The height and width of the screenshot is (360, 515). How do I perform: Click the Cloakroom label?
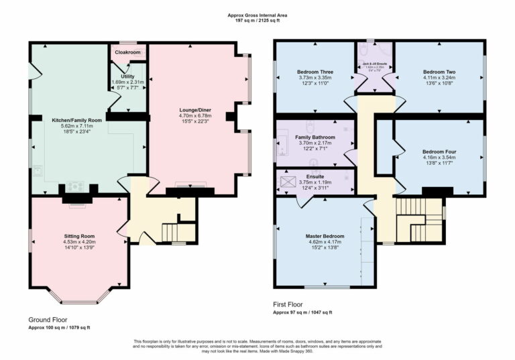(127, 52)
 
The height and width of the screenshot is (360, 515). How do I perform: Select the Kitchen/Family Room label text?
(77, 120)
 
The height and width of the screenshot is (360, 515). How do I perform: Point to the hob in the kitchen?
(74, 187)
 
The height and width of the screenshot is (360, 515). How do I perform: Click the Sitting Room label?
(79, 237)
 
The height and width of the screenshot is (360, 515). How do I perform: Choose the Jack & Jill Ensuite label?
(374, 64)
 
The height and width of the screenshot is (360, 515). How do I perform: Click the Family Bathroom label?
(314, 137)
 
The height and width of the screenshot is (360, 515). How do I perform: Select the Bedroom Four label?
(439, 152)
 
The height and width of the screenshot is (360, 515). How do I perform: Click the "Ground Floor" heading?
(48, 320)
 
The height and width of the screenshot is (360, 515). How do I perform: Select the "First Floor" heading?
(290, 304)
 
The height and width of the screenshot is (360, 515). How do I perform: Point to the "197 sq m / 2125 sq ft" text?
(257, 21)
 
